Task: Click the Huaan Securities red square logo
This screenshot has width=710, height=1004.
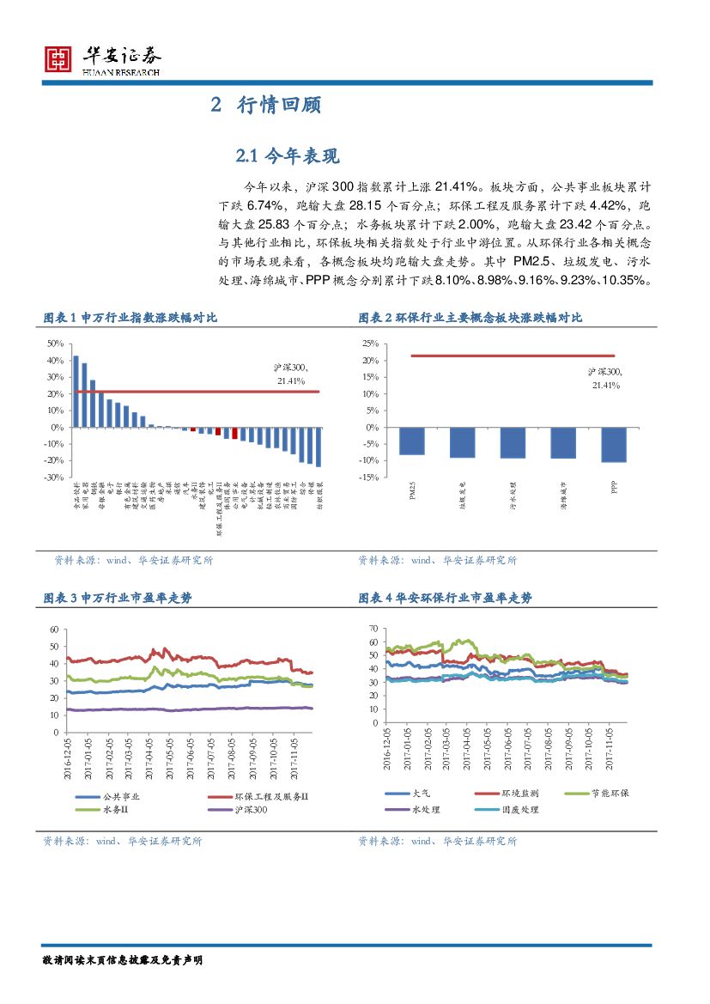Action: (58, 58)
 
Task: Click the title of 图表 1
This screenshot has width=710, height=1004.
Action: (130, 318)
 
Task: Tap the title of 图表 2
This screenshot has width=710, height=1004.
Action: (470, 318)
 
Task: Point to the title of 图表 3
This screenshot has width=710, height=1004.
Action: (118, 598)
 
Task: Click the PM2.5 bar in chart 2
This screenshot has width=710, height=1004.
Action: (412, 441)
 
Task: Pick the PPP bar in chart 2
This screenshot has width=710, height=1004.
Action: (614, 444)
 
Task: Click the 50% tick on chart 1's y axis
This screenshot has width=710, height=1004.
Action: (54, 343)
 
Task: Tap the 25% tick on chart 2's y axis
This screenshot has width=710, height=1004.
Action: (368, 343)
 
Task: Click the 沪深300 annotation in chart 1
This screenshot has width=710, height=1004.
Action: (291, 374)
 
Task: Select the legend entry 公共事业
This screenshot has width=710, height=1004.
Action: (120, 796)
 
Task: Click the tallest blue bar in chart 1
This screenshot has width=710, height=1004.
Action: (76, 391)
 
